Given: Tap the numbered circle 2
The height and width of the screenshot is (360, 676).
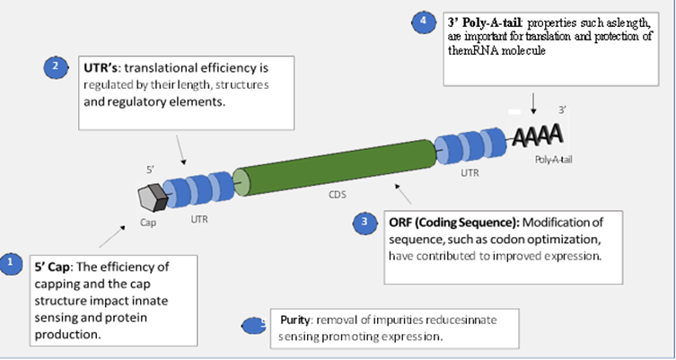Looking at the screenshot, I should point(56,66).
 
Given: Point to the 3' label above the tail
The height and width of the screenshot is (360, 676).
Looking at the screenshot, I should point(562,109).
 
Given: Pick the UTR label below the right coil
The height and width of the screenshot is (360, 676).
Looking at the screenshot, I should point(470,170).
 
